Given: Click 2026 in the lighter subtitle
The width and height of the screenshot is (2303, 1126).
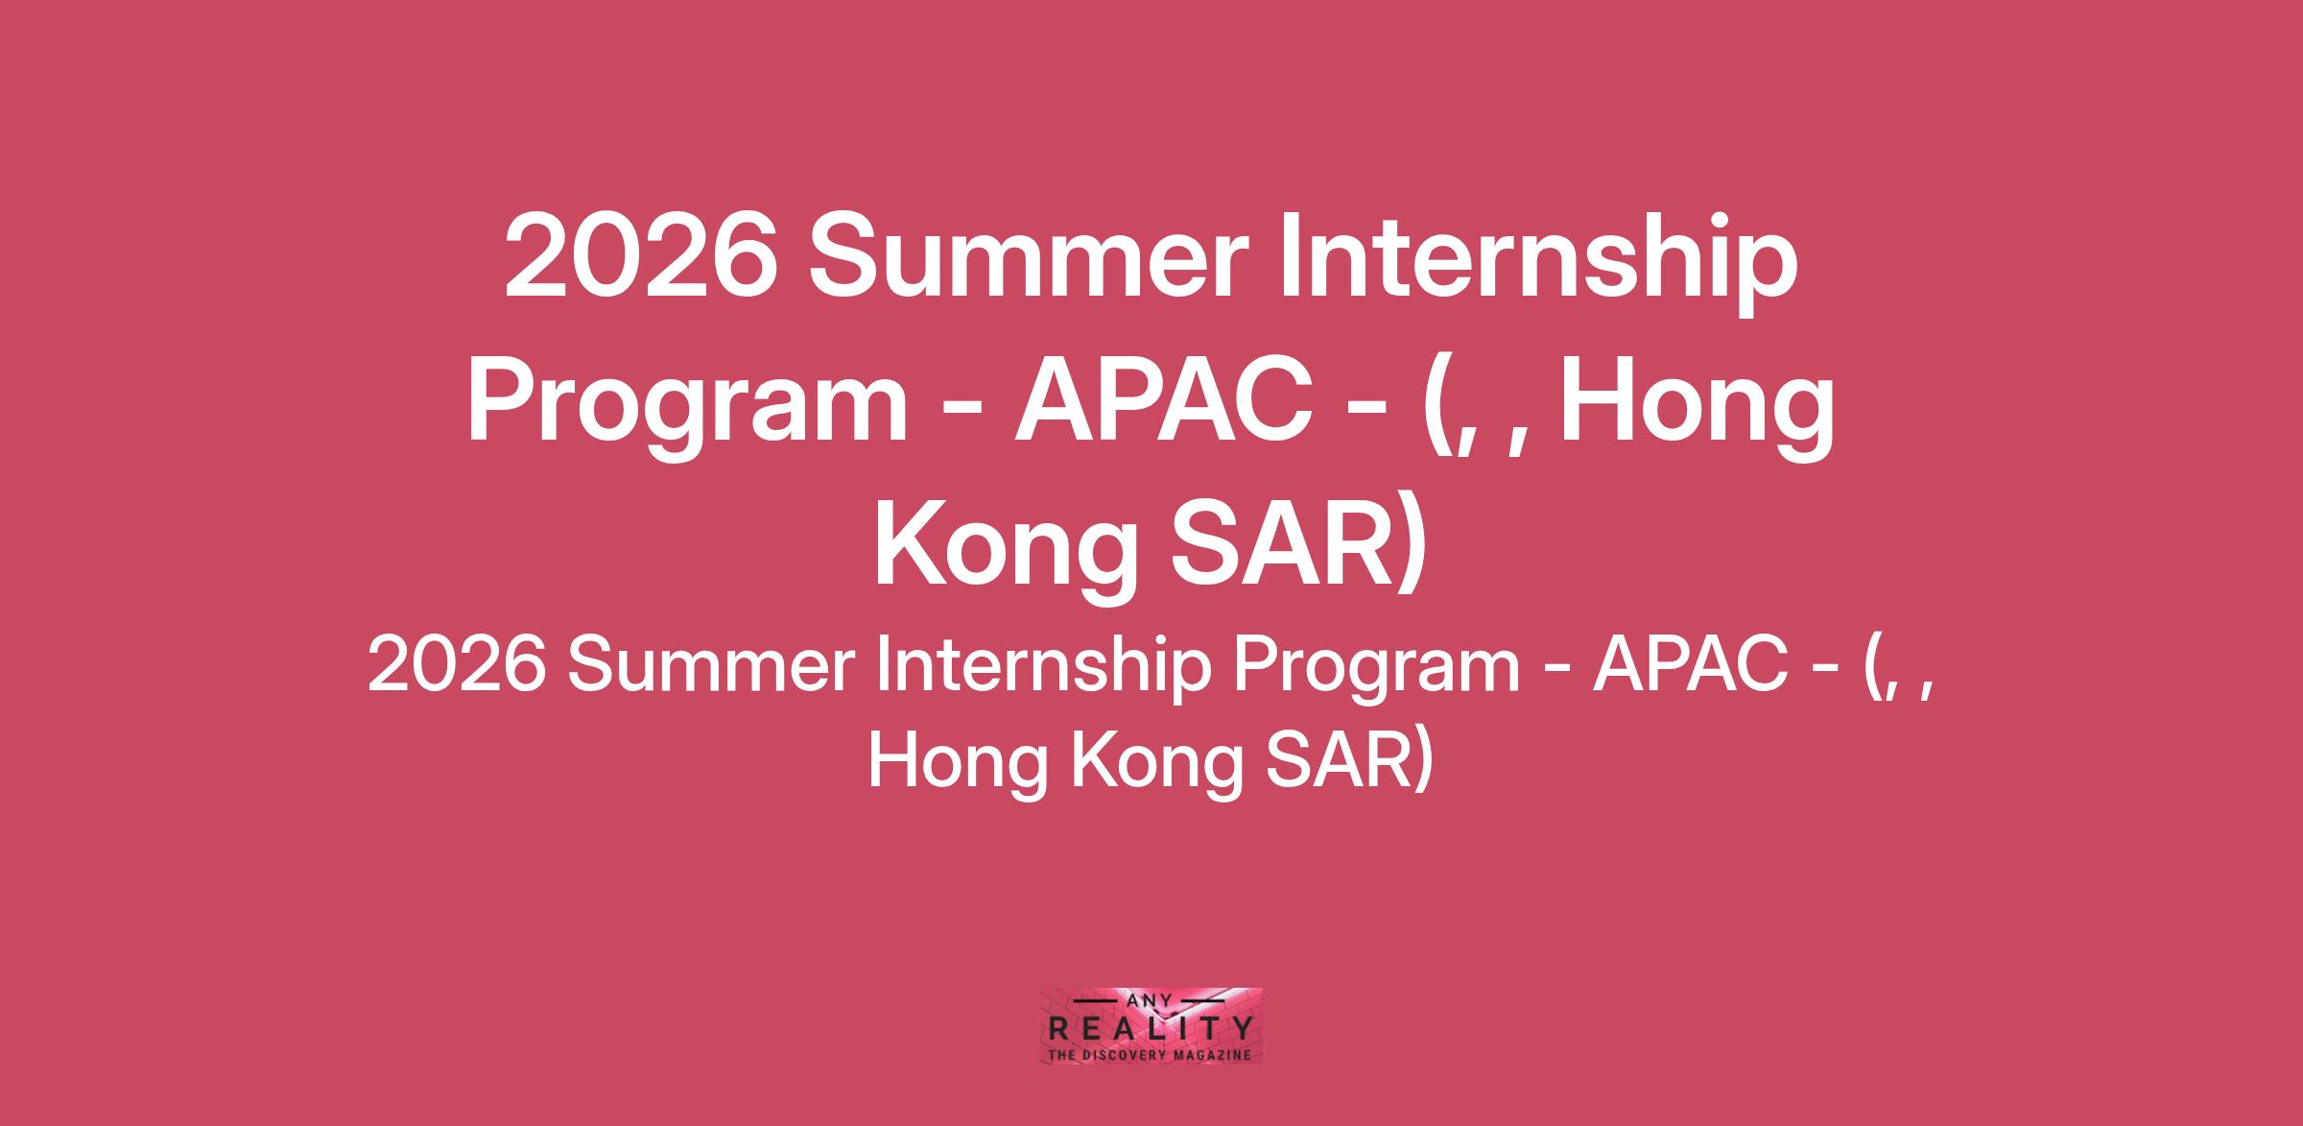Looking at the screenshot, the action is click(x=450, y=667).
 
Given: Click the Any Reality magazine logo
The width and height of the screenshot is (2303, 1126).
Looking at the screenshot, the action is click(x=1151, y=1026).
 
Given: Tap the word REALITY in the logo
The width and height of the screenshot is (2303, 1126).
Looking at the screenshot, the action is click(x=1151, y=1030).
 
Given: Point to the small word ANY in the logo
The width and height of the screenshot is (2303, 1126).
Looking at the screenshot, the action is click(x=1151, y=1000).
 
